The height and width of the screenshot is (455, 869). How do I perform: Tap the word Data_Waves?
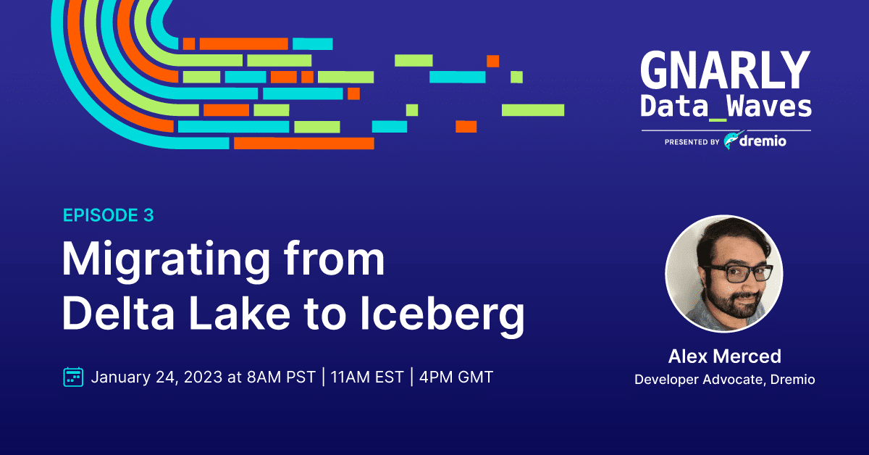coord(726,106)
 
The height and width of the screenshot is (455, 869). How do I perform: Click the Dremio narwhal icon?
coord(733,140)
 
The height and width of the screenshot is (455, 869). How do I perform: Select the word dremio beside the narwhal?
coord(763,141)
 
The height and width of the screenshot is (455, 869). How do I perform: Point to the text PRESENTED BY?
coord(692,142)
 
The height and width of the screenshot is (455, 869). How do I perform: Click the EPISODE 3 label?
coord(108,215)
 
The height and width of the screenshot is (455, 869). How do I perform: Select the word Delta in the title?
coord(118,312)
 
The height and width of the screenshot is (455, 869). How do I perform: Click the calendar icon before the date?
coord(73,377)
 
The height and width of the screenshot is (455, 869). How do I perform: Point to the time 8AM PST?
coord(281,377)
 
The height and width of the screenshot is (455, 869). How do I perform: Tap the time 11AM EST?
coord(367,377)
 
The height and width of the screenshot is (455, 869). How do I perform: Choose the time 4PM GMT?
coord(456,377)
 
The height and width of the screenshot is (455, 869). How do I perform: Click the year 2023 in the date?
coord(203,377)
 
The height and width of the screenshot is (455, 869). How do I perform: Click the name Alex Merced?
coord(724,356)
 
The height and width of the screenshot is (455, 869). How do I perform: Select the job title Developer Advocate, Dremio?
coord(724,380)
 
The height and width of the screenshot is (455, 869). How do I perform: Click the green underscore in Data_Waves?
coord(718,120)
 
